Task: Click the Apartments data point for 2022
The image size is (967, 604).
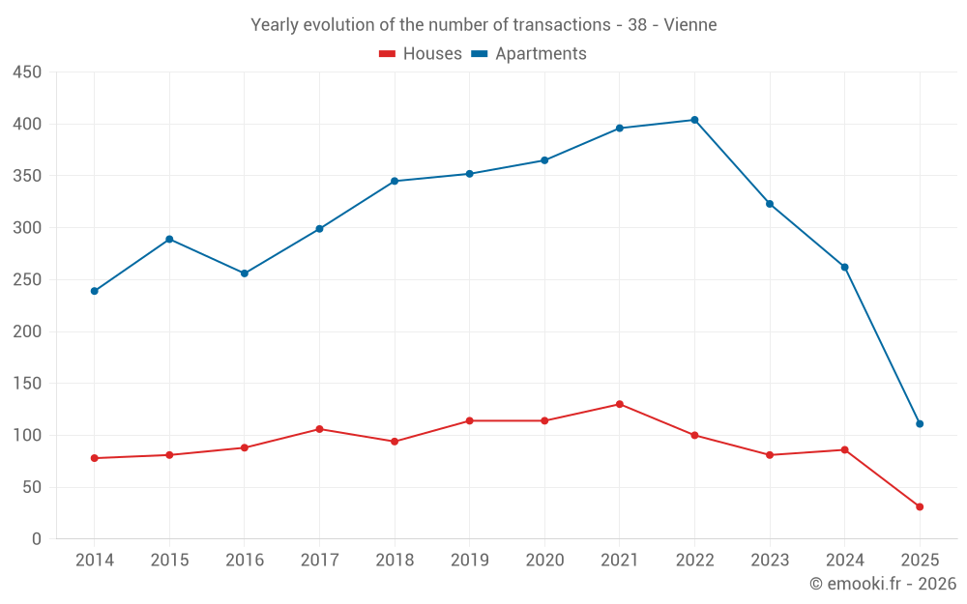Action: [x=694, y=120]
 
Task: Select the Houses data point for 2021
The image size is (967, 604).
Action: [x=619, y=404]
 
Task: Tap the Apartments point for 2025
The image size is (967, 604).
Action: [x=920, y=423]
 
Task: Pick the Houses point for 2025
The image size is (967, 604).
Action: [x=920, y=506]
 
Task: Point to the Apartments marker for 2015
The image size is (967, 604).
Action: [x=169, y=239]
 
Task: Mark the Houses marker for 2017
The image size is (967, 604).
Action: [x=319, y=429]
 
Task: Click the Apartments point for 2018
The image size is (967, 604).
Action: [x=395, y=181]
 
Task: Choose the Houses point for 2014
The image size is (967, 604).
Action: [x=94, y=458]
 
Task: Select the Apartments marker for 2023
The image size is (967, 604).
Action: [x=770, y=204]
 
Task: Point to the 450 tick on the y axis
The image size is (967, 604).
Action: [x=27, y=72]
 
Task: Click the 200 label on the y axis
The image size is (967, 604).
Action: [x=27, y=331]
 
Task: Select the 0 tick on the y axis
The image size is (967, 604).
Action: [x=36, y=539]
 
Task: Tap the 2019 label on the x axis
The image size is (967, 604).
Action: [x=469, y=561]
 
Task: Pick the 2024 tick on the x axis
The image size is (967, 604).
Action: [x=844, y=561]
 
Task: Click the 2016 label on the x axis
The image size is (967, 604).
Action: [x=244, y=561]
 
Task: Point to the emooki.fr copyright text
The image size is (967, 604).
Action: [x=883, y=584]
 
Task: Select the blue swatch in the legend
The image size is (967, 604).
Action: [x=479, y=54]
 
